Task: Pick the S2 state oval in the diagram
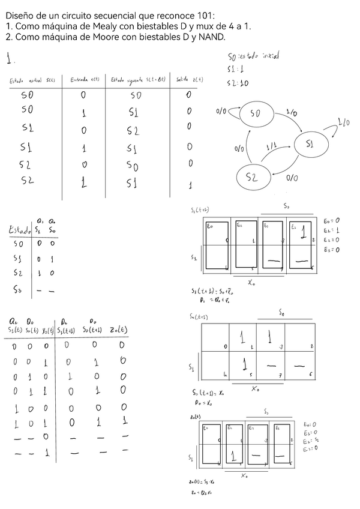point(251,176)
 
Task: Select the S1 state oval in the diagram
point(310,144)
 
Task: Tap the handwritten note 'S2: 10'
point(238,83)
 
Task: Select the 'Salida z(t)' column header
point(190,80)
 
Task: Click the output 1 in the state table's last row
point(190,185)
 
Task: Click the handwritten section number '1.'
point(11,59)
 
